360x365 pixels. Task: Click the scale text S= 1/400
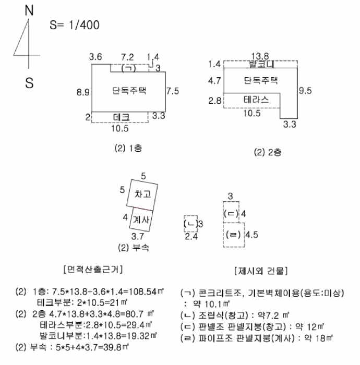tap(75, 25)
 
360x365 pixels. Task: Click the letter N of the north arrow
tap(29, 10)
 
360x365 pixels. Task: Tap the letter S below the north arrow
tap(29, 83)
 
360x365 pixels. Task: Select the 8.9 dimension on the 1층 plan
tap(83, 92)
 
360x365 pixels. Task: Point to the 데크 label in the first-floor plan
tap(122, 117)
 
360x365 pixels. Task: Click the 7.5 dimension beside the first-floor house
tap(173, 91)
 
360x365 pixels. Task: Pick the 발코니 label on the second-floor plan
tap(261, 64)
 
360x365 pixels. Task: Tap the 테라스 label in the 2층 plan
tap(256, 100)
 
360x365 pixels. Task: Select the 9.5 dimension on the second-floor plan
tap(305, 90)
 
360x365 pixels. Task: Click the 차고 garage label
tap(142, 194)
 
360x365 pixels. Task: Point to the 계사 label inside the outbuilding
tap(141, 220)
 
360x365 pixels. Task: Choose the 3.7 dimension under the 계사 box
tap(138, 237)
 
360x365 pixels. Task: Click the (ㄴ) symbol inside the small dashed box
tap(190, 224)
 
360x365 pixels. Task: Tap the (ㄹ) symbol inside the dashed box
tap(233, 235)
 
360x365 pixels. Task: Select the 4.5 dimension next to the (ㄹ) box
tap(251, 235)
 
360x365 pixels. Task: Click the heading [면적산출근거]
tap(93, 270)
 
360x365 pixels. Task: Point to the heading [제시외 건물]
tap(261, 271)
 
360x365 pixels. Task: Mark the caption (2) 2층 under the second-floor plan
tap(268, 152)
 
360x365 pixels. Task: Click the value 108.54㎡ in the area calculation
tap(146, 291)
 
